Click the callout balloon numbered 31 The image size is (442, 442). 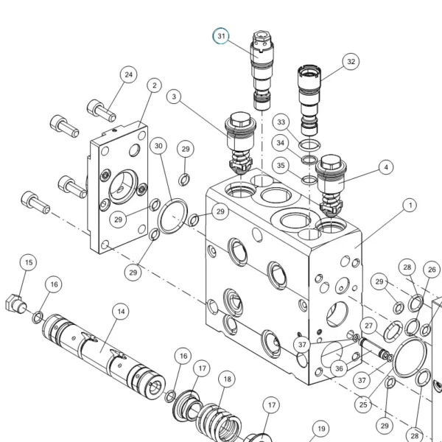click(221, 36)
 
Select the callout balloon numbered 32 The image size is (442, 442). click(351, 61)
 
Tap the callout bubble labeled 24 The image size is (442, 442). click(128, 74)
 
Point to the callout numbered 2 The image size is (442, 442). click(154, 85)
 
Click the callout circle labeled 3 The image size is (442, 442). click(174, 97)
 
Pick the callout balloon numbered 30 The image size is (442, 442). click(158, 146)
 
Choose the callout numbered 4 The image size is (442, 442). click(386, 167)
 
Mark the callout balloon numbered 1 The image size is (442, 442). click(410, 205)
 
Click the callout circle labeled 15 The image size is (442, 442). click(29, 262)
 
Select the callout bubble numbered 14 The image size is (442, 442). click(121, 312)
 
